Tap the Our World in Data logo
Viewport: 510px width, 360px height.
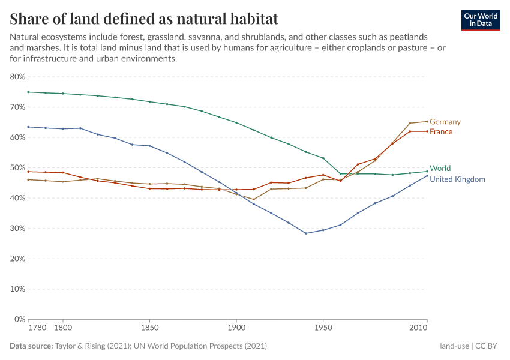pyautogui.click(x=481, y=20)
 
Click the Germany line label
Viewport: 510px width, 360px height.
pyautogui.click(x=445, y=122)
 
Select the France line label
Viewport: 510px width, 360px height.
pyautogui.click(x=441, y=131)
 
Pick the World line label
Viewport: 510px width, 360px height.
pyautogui.click(x=440, y=168)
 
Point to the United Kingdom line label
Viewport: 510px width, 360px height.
pyautogui.click(x=457, y=179)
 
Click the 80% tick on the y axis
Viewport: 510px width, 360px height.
pyautogui.click(x=17, y=77)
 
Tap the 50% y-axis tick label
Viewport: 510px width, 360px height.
pyautogui.click(x=17, y=168)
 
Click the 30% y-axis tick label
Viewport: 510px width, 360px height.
pyautogui.click(x=17, y=229)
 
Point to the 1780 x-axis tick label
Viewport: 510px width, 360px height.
pyautogui.click(x=37, y=329)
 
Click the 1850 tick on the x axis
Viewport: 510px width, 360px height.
pyautogui.click(x=149, y=329)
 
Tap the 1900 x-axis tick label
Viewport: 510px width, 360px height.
pyautogui.click(x=236, y=329)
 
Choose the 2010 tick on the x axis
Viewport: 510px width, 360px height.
pyautogui.click(x=418, y=329)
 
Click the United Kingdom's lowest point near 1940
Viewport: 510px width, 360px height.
pyautogui.click(x=306, y=233)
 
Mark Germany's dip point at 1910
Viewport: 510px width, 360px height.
pyautogui.click(x=254, y=199)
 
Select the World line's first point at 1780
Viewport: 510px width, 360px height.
pyautogui.click(x=28, y=92)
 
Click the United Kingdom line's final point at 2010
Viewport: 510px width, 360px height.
pyautogui.click(x=427, y=176)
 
